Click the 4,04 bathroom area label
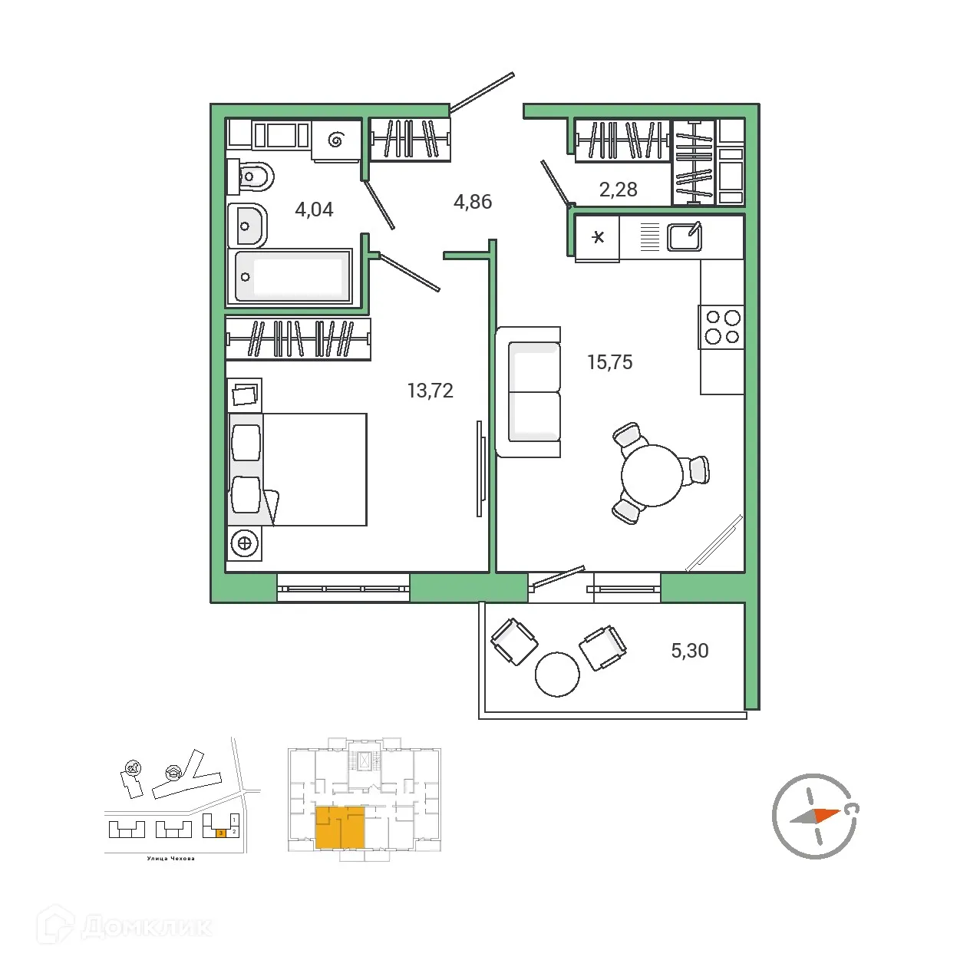pyautogui.click(x=314, y=210)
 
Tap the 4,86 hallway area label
pyautogui.click(x=473, y=202)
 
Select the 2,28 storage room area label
pyautogui.click(x=618, y=190)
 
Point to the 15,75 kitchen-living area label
pyautogui.click(x=609, y=362)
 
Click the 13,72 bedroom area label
pyautogui.click(x=430, y=391)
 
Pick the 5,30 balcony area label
pyautogui.click(x=689, y=651)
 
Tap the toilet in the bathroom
pyautogui.click(x=252, y=179)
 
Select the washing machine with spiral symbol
pyautogui.click(x=335, y=140)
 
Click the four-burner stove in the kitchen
pyautogui.click(x=721, y=327)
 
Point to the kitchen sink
pyautogui.click(x=684, y=236)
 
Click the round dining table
pyautogui.click(x=652, y=475)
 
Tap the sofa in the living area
pyautogui.click(x=529, y=392)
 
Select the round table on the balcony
pyautogui.click(x=557, y=674)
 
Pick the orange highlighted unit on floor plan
pyautogui.click(x=340, y=827)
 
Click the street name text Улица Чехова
pyautogui.click(x=170, y=859)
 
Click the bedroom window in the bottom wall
pyautogui.click(x=343, y=589)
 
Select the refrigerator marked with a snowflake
pyautogui.click(x=598, y=237)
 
